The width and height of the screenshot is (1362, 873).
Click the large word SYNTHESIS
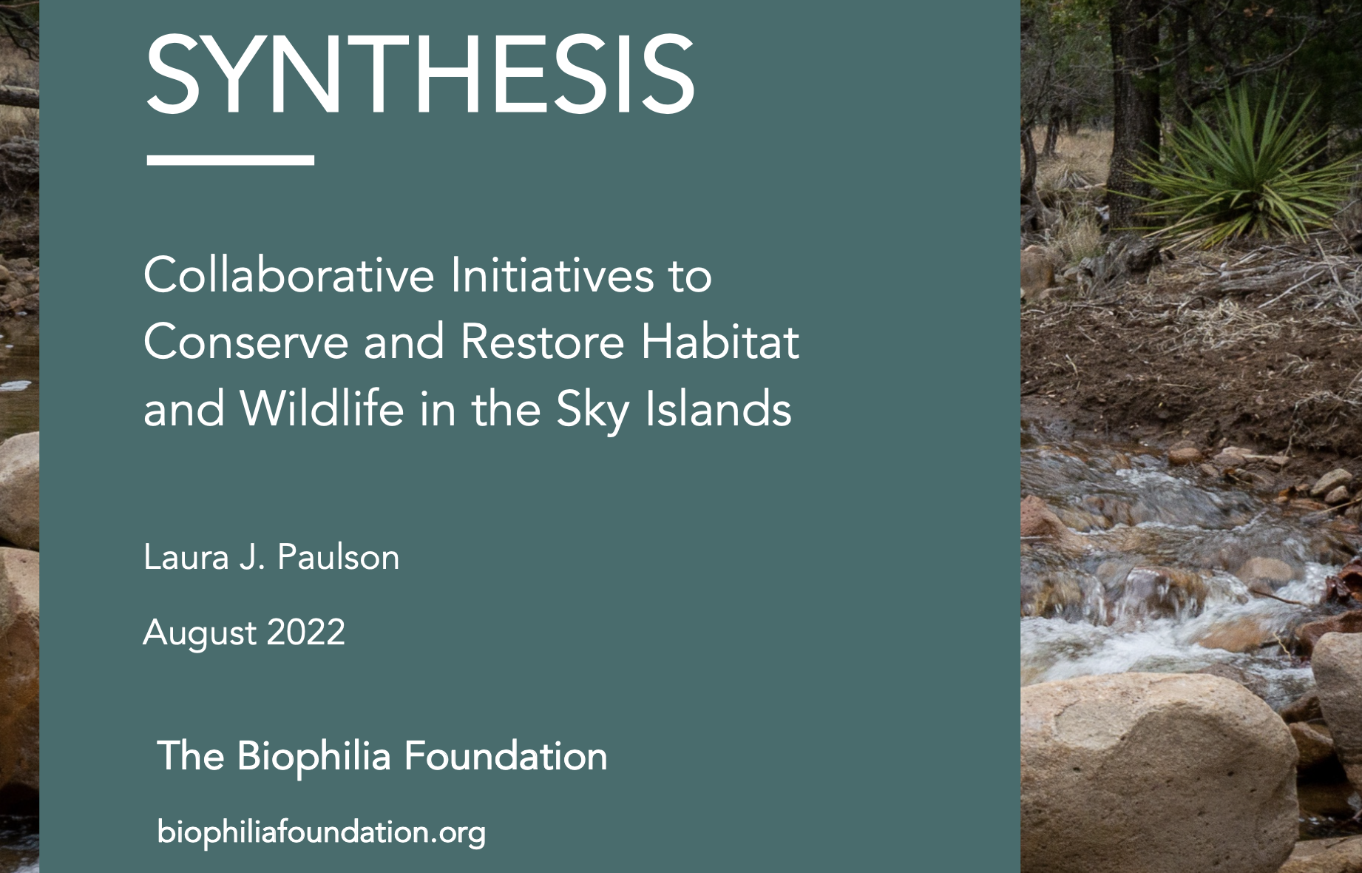419,73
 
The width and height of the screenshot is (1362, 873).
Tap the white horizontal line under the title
231,159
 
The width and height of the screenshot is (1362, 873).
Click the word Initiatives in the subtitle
552,275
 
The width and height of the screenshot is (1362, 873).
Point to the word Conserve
245,342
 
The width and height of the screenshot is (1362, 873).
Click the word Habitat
720,342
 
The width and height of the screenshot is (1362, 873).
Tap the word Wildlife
322,408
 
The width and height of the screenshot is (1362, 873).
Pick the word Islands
718,408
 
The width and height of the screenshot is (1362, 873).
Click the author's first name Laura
186,557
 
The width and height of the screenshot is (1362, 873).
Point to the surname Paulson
339,557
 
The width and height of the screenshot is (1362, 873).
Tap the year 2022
305,633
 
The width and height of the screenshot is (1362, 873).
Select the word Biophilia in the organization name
314,757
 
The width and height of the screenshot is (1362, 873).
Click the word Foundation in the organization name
506,756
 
